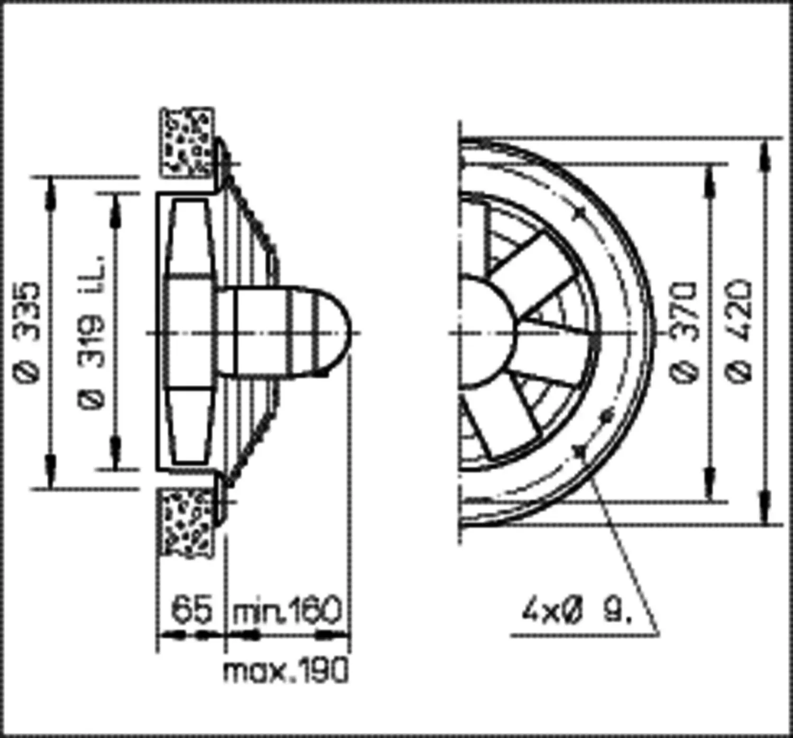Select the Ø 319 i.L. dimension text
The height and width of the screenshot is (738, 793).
[x=93, y=332]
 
